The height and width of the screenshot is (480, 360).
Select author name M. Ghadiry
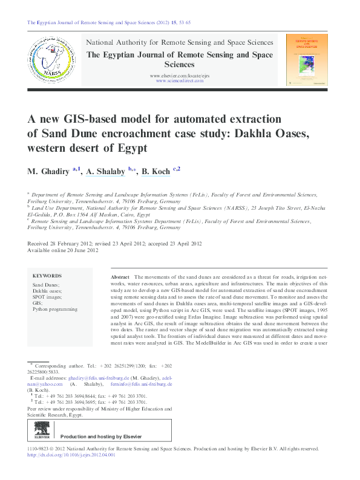[x=48, y=172]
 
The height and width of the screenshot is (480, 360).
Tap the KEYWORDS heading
[x=47, y=274]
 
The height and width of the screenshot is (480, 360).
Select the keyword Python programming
[x=54, y=309]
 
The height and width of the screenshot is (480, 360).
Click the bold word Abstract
[x=120, y=276]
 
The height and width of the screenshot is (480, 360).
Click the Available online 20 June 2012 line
[x=62, y=250]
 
